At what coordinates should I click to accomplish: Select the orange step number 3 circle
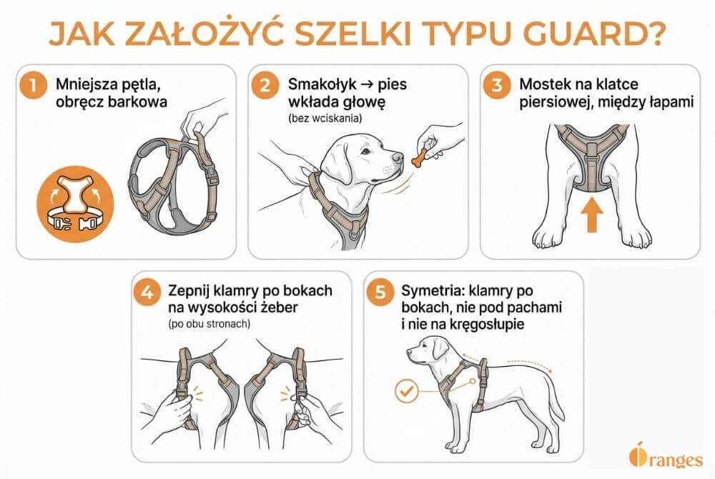tap(495, 87)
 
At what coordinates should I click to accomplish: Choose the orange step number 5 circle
tap(381, 293)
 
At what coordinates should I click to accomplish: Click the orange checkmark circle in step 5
tap(405, 391)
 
